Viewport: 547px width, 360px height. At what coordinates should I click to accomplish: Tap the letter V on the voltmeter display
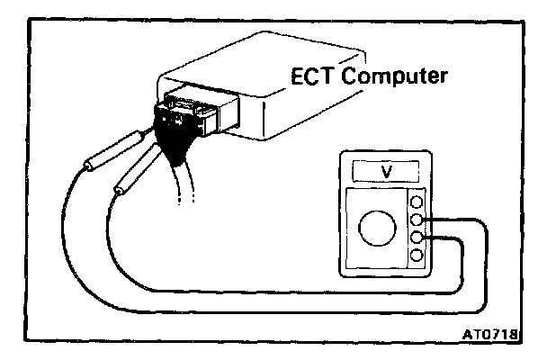(x=387, y=170)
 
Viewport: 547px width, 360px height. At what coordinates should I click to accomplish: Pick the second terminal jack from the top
(x=417, y=220)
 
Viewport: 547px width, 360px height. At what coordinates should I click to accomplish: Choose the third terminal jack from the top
(x=417, y=238)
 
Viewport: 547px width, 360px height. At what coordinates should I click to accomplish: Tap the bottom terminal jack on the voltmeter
(x=417, y=256)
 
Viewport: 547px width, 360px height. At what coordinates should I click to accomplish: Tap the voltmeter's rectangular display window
(x=387, y=170)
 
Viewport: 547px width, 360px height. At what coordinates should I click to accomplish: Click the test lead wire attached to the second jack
(x=486, y=270)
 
